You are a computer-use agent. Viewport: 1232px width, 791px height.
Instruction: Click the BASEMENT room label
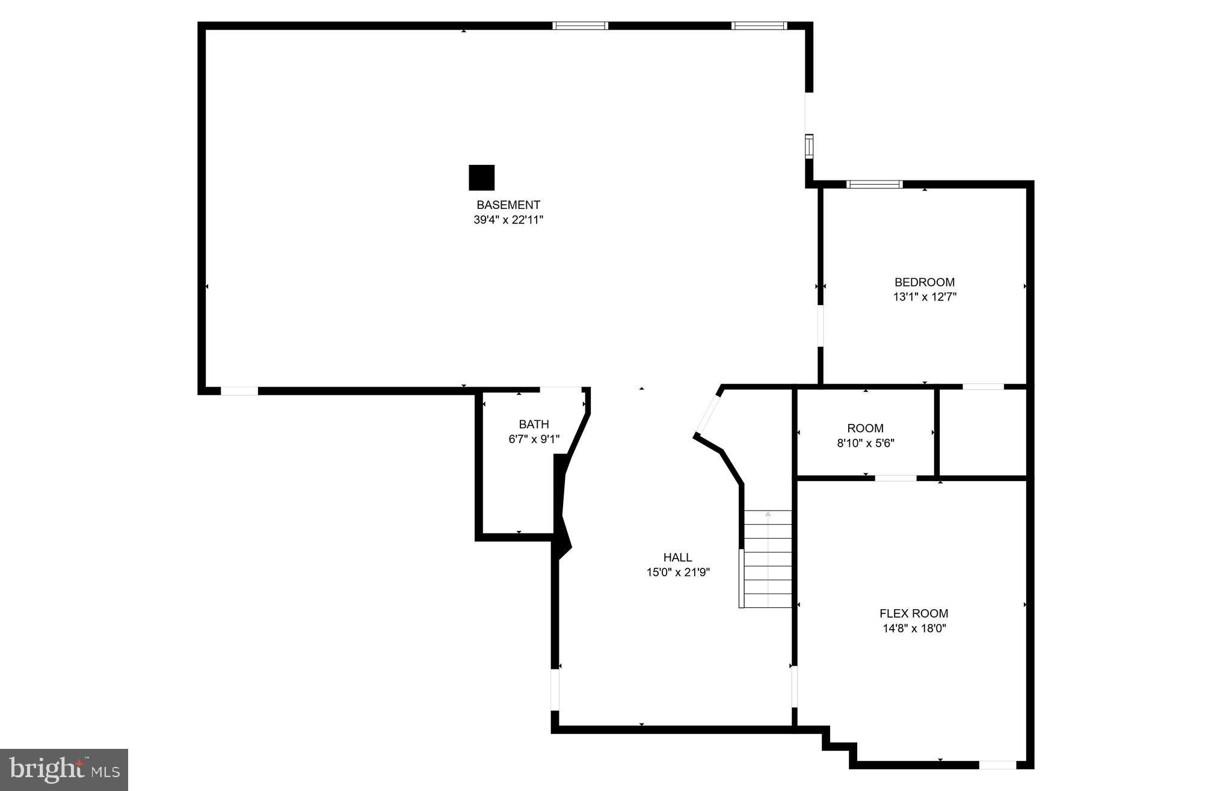[508, 205]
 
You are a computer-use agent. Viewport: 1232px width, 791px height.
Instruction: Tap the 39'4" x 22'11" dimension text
[508, 220]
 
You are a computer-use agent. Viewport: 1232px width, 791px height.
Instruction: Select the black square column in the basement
[481, 178]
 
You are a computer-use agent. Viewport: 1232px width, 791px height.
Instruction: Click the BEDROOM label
[925, 282]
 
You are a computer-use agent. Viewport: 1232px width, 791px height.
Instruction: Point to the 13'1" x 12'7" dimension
[925, 297]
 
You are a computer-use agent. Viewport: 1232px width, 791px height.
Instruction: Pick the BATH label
[534, 424]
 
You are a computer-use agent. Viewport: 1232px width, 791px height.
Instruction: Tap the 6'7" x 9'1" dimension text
[534, 439]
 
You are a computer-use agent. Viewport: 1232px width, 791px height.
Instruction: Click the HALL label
[677, 557]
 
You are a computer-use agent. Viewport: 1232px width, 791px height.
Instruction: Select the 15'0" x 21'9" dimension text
[678, 572]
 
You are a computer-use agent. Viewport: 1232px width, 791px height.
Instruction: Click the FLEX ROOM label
[914, 613]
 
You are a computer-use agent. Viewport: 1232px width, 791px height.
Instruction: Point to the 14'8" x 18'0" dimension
[914, 628]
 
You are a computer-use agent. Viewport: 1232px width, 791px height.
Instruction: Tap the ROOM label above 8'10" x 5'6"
[865, 429]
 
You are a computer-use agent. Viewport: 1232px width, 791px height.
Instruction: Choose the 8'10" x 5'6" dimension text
[865, 444]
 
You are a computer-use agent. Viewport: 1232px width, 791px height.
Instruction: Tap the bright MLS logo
[64, 769]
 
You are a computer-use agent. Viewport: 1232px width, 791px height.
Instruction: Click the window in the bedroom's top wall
[874, 184]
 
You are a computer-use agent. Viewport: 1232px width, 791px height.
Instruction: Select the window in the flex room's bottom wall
[997, 765]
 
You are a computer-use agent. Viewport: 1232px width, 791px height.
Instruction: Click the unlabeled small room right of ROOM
[982, 433]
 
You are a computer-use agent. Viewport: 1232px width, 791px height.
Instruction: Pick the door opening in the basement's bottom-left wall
[239, 391]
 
